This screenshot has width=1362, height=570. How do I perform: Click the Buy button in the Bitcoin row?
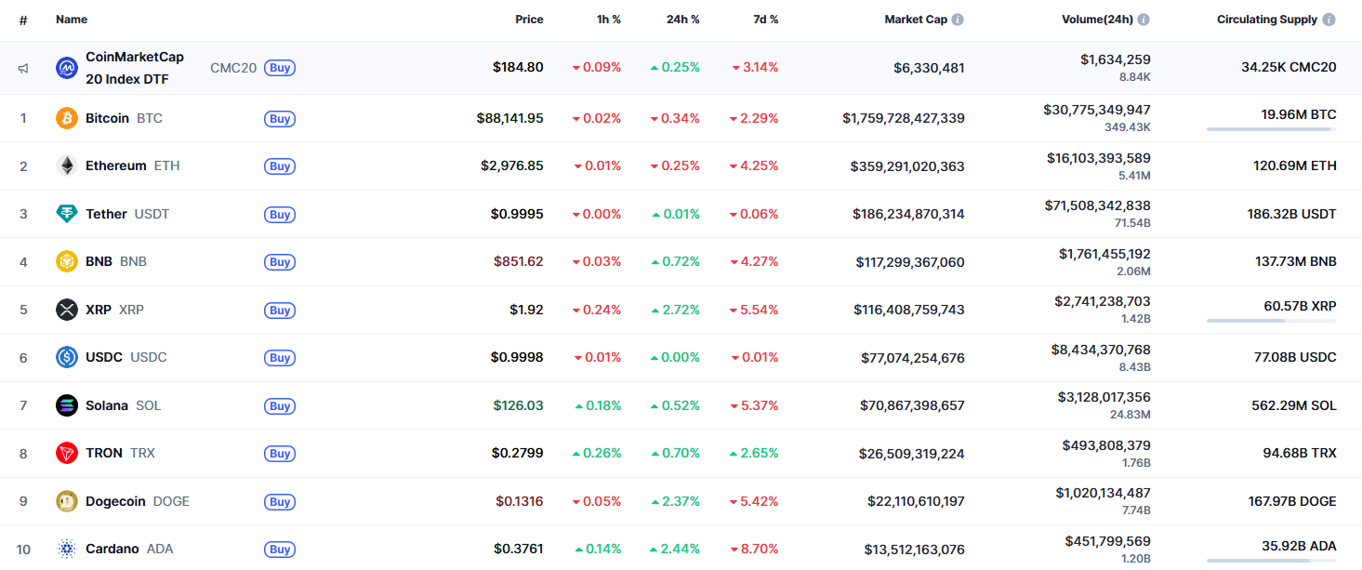280,118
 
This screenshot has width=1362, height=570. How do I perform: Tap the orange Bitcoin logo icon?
67,118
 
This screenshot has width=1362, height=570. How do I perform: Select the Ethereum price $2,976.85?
511,166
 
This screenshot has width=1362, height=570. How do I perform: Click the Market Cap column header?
915,20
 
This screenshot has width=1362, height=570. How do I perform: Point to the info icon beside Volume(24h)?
1144,20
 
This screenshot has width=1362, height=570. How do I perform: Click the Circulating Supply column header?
1266,20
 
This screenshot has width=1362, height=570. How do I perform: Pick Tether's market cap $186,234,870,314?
908,214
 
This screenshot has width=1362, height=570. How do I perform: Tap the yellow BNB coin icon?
67,261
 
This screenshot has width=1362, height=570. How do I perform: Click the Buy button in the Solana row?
280,405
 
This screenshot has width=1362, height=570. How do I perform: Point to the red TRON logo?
67,453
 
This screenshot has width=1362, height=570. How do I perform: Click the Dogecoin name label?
115,501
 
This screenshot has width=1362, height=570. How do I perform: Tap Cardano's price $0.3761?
518,549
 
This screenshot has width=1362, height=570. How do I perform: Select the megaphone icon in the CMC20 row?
23,68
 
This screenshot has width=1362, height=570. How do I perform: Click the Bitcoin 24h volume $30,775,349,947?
1096,110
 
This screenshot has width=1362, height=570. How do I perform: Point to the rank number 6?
23,357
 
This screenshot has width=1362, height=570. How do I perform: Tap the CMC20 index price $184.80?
518,67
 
